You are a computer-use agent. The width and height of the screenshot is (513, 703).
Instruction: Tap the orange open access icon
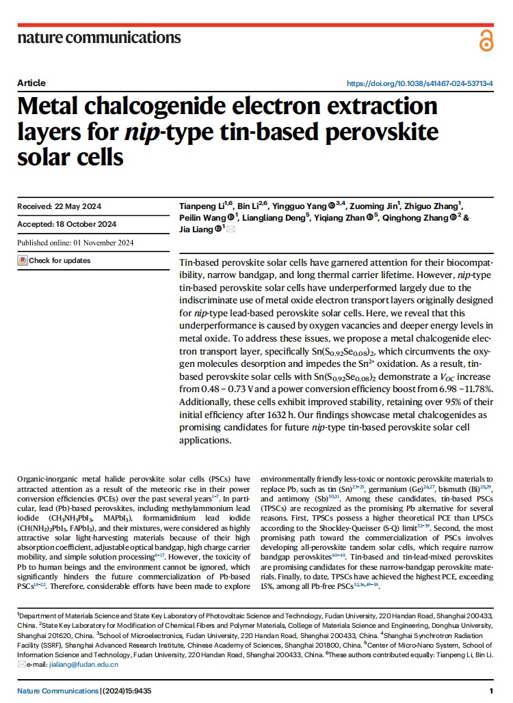(x=486, y=40)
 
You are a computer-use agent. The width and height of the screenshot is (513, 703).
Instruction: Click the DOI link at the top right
(x=420, y=83)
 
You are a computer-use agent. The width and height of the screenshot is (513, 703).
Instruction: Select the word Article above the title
(x=31, y=83)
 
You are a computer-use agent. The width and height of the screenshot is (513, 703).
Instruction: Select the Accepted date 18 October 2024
(x=85, y=224)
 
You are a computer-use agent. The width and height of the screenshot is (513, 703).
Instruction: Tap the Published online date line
(x=75, y=242)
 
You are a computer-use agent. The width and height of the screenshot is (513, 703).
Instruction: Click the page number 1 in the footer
(x=491, y=691)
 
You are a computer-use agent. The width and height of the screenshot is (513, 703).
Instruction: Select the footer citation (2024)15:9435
(x=127, y=691)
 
